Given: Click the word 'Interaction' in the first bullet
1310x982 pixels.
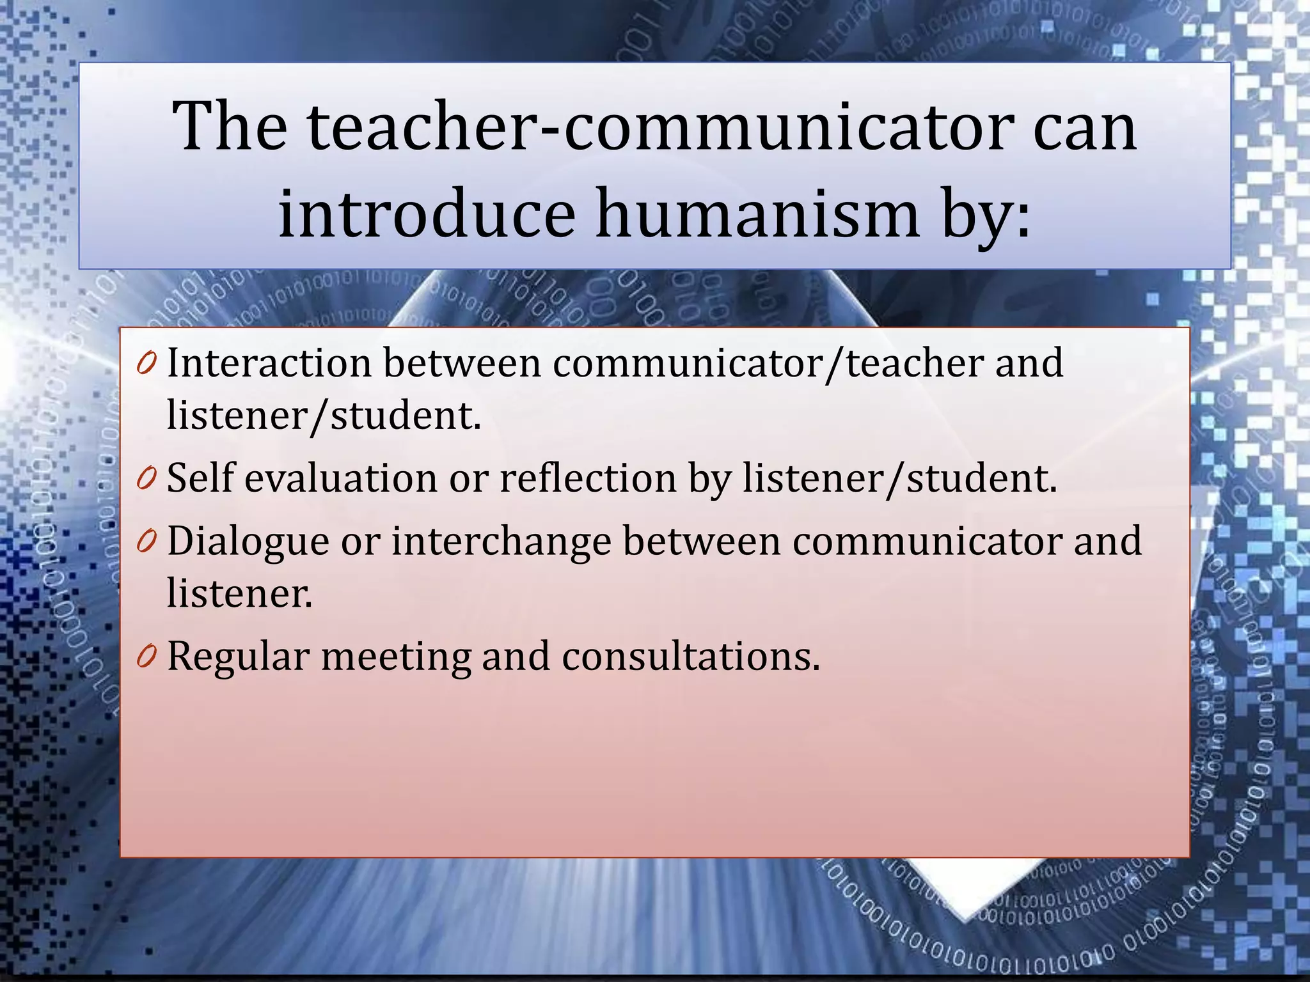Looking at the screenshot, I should [269, 363].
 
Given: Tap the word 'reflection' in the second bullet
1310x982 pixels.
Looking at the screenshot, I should [588, 478].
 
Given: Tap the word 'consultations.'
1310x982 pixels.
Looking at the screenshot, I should [691, 656].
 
